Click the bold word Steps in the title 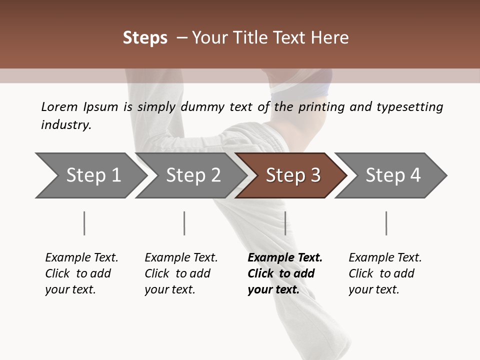tap(145, 37)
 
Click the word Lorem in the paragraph tap(59, 106)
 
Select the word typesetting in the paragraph tap(409, 106)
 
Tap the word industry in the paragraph tap(66, 125)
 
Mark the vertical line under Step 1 tap(84, 223)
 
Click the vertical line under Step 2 tap(184, 223)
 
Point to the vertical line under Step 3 tap(285, 223)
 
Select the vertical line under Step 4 tap(386, 223)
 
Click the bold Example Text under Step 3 tap(285, 257)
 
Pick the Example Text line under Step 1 tap(81, 257)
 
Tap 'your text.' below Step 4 tap(374, 289)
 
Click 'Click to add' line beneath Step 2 tap(177, 273)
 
